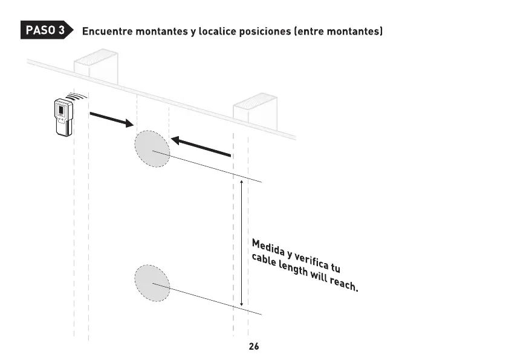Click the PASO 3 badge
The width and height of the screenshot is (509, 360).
click(x=45, y=30)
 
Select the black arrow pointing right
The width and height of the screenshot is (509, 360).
click(x=111, y=119)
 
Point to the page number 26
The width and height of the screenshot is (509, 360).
click(x=254, y=347)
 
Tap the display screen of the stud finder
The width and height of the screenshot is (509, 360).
click(x=60, y=110)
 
